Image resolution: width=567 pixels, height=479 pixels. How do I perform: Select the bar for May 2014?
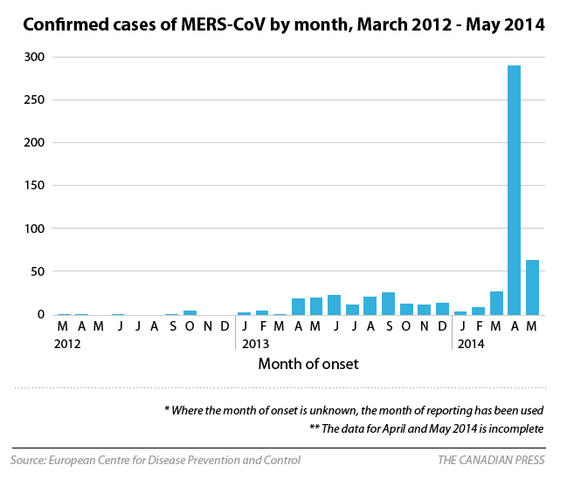(x=532, y=287)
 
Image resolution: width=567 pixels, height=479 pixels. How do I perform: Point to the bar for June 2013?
(x=334, y=305)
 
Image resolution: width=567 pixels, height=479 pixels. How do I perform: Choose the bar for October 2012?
(x=190, y=311)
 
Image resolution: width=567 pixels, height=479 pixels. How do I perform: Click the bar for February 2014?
(x=478, y=311)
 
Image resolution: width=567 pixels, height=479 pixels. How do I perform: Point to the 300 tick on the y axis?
(x=35, y=57)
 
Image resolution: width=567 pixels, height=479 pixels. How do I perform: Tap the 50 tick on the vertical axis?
(x=38, y=271)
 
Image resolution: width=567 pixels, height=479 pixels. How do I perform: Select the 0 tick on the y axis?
(x=41, y=314)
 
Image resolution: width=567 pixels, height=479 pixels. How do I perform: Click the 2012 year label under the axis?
(x=67, y=345)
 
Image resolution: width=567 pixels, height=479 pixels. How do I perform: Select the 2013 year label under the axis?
(x=255, y=345)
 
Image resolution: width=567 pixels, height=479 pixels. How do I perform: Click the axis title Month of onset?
(x=308, y=364)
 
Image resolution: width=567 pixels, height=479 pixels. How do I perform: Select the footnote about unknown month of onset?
(x=354, y=409)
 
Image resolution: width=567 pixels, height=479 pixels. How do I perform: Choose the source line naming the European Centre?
(x=156, y=460)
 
